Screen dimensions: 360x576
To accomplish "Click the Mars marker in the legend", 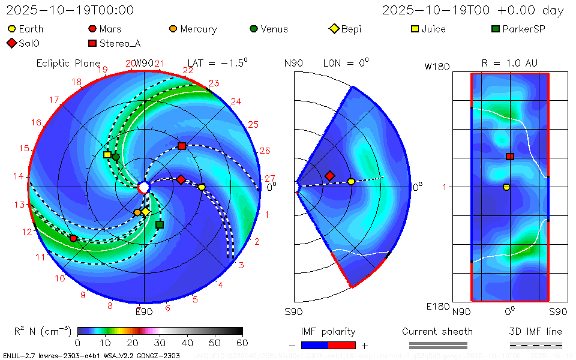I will pos(92,29).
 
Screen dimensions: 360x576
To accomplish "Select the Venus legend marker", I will pos(254,29).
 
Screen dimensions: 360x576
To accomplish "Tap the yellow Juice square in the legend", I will pos(415,29).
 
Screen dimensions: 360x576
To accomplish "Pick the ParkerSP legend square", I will pos(496,29).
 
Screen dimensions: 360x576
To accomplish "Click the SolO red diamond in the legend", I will pos(11,43).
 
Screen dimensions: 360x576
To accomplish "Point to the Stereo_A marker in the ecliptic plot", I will pos(182,146).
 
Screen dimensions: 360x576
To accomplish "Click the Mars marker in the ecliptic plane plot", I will pos(73,238).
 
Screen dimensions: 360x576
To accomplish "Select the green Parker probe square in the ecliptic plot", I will pos(160,225).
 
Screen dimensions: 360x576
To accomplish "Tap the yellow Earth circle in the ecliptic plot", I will pos(202,187).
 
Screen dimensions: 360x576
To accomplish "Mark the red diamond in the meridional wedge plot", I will pos(329,176).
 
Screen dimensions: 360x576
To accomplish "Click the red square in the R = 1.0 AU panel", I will pos(510,157).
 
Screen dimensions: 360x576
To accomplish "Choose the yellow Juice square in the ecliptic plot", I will pos(107,154).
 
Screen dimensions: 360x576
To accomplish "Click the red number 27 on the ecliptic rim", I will pos(269,178).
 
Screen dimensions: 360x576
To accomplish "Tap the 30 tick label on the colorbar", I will pos(160,343).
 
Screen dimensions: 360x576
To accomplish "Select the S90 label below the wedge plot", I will pos(293,311).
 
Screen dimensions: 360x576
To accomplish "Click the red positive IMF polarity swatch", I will pos(342,345).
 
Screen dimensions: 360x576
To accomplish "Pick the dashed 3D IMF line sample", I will pos(536,345).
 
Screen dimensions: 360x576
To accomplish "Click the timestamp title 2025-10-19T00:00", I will pos(70,10).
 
